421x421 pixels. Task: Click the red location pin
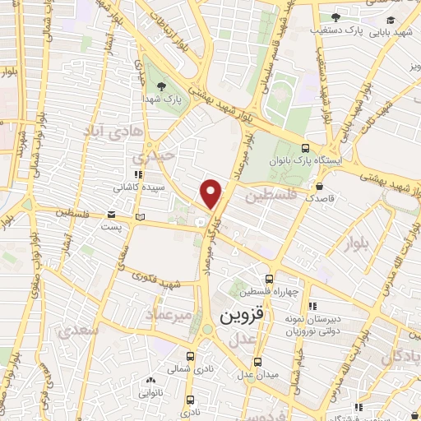211,192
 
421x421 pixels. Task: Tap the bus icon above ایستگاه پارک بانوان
306,148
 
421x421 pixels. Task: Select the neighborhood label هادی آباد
116,131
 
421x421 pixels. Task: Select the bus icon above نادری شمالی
191,357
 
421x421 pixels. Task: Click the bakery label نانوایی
150,393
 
